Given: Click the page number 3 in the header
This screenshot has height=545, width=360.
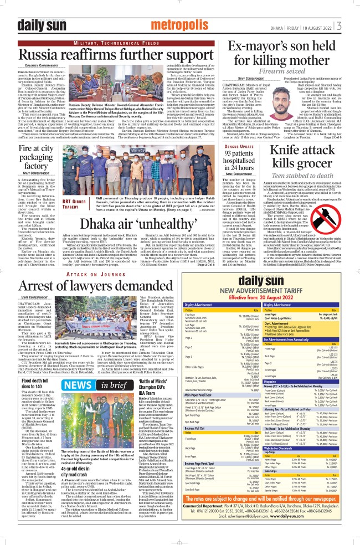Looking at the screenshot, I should tap(352, 25).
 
